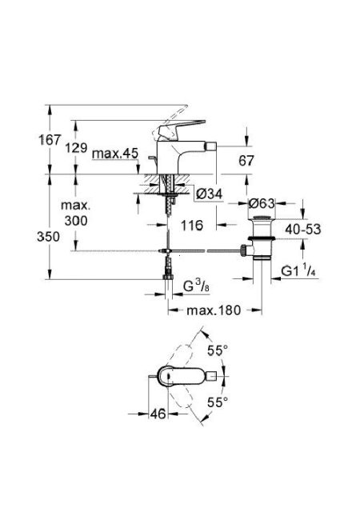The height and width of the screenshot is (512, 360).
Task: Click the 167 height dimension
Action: click(50, 140)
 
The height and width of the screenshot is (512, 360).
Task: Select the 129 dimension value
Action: click(76, 148)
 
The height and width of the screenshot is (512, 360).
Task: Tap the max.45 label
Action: click(115, 153)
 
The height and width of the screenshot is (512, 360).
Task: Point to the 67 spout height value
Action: click(246, 161)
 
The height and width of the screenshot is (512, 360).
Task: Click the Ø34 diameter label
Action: click(209, 194)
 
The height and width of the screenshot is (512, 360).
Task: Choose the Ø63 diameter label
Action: click(262, 204)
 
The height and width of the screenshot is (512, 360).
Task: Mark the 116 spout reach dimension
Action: click(192, 225)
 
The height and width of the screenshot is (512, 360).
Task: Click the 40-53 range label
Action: click(303, 230)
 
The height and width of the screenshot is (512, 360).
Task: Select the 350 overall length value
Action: click(48, 237)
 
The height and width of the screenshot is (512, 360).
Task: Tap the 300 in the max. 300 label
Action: click(76, 221)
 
